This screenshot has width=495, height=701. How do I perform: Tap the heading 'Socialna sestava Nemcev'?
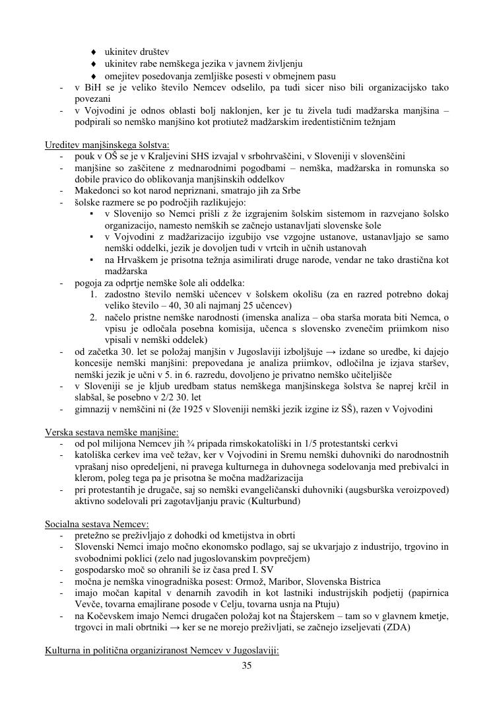point(96,523)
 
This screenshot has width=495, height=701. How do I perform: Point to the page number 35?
point(247,665)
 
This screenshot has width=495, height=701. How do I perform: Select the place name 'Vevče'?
point(88,604)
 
